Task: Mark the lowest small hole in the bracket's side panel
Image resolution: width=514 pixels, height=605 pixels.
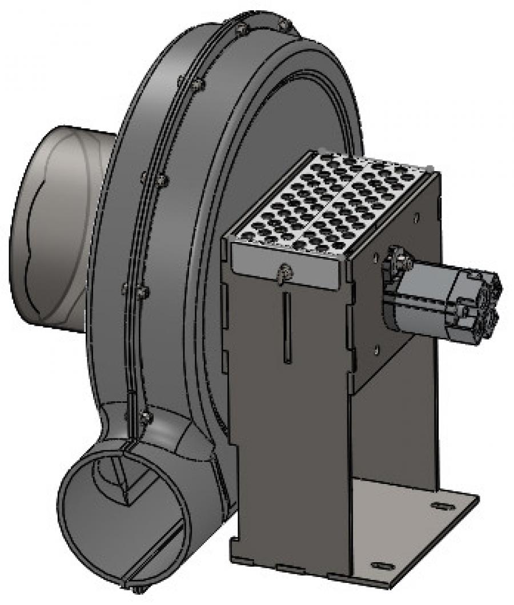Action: click(376, 348)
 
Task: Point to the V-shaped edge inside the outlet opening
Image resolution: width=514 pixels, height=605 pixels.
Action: click(128, 485)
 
